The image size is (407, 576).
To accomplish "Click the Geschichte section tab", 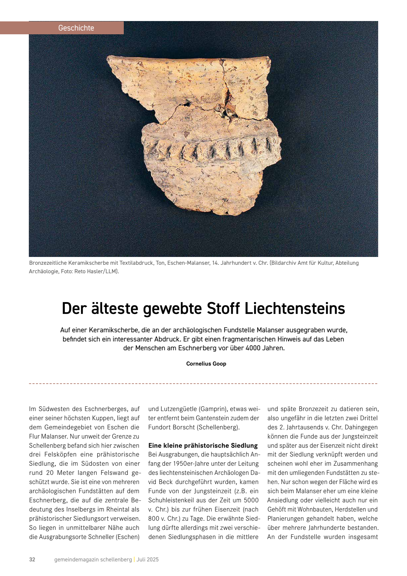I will point(76,28).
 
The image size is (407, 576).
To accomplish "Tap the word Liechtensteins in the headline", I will point(295,308).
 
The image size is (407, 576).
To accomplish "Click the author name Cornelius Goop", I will point(206,364).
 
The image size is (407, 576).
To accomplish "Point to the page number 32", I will point(32,559).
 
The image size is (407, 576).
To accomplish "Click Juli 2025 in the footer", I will point(148,559).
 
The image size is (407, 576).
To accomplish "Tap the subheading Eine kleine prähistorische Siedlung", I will point(203,445).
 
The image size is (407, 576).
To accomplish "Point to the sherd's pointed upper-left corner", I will point(109,58).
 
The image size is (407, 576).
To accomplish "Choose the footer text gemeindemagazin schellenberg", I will point(93,559).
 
